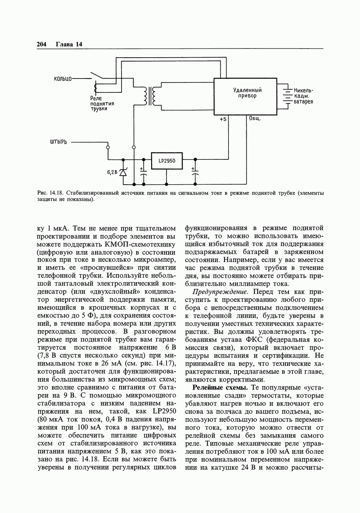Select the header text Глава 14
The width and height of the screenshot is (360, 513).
click(x=69, y=44)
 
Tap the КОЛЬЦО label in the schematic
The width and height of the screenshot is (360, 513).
click(x=62, y=79)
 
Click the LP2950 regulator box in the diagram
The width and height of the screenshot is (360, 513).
click(x=167, y=161)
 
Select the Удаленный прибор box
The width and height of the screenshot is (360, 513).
click(x=245, y=96)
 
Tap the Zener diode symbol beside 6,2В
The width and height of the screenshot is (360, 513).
click(x=123, y=172)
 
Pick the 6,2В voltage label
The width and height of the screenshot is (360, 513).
click(x=112, y=172)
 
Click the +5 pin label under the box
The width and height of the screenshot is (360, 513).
click(x=223, y=119)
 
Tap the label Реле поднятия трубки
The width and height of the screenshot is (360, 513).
click(x=102, y=103)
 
